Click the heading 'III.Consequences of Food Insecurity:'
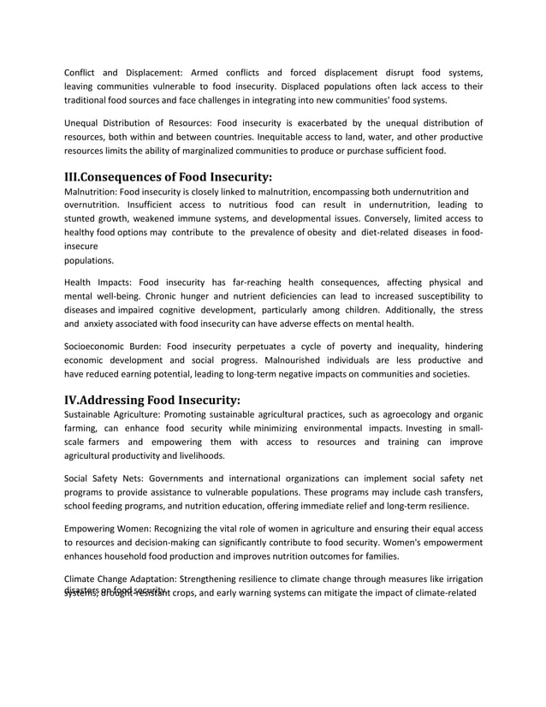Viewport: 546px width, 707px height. (169, 177)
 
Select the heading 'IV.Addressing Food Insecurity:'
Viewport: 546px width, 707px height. (152, 399)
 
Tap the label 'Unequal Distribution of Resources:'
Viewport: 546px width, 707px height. (139, 122)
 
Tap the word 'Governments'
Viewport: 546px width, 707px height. (177, 478)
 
